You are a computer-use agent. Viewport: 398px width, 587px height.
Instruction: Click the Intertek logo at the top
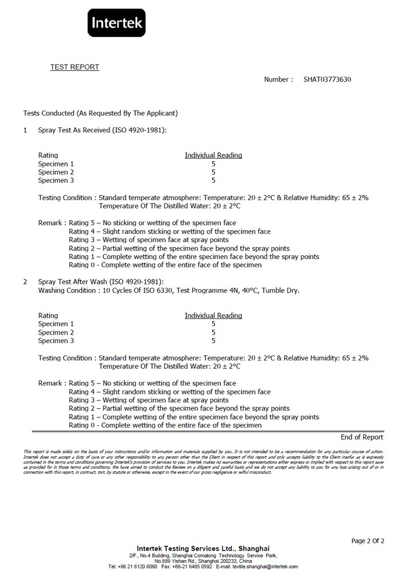tap(116, 23)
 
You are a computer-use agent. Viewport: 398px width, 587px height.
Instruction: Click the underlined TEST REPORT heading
tap(75, 67)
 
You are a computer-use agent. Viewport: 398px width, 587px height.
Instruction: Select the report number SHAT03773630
tap(327, 80)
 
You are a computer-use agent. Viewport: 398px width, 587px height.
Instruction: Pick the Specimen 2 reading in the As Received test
tap(213, 172)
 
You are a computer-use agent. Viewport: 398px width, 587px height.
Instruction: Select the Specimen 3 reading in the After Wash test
tap(213, 341)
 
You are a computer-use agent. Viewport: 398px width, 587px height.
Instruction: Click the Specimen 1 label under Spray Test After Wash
tap(56, 324)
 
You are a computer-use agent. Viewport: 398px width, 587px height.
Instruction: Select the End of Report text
tap(362, 437)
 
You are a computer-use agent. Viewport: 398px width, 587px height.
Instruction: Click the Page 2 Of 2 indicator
tap(368, 541)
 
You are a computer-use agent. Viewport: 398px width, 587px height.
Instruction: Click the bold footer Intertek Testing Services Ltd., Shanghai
tap(203, 549)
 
